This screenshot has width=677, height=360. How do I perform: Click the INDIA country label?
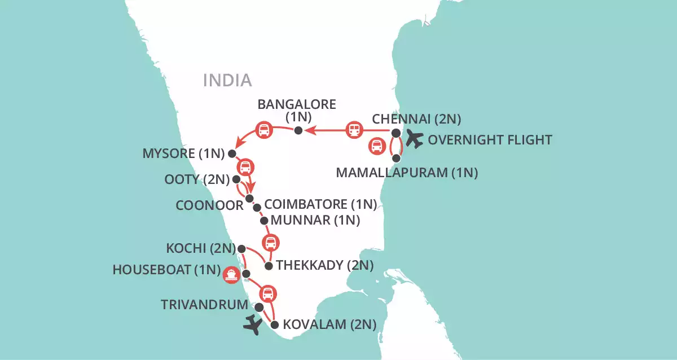(227, 80)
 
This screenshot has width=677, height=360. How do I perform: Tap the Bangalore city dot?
(299, 131)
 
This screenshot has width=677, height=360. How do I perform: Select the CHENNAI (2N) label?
(416, 119)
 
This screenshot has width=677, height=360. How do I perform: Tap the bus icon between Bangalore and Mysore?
(263, 130)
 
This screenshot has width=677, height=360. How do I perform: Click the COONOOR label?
(209, 205)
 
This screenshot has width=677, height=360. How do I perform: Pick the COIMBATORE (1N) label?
(320, 203)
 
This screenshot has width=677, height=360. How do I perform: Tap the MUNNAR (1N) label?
(315, 220)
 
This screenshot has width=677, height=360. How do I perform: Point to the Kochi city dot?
(241, 248)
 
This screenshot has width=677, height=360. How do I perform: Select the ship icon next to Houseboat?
(231, 274)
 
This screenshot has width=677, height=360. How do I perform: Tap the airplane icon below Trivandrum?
(253, 326)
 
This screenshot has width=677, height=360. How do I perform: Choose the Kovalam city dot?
(275, 324)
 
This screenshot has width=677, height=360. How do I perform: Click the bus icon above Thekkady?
(271, 243)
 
